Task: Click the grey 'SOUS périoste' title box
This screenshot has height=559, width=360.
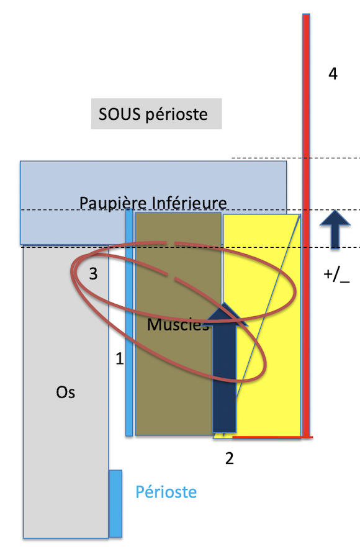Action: pos(156,114)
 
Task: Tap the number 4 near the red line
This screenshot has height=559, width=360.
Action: pos(333,73)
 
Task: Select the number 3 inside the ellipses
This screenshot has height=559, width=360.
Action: pos(93,273)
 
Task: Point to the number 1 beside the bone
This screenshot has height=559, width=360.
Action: pos(120,358)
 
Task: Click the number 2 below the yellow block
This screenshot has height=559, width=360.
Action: pos(230,458)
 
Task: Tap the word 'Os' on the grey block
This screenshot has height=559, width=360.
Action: pos(66,392)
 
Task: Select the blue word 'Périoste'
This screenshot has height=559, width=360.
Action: pos(166,492)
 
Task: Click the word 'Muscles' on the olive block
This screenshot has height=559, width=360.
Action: pos(178,324)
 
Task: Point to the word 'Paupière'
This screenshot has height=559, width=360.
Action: pos(113,203)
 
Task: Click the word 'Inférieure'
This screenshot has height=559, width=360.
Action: pos(189,203)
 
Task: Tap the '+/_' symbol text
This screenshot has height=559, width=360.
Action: pos(336,275)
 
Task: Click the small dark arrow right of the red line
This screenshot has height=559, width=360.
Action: pos(335,229)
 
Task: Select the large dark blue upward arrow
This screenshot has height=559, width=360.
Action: pos(224,367)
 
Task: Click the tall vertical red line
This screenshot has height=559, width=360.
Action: pos(306,225)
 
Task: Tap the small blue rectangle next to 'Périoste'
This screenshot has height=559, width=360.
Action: pos(115,503)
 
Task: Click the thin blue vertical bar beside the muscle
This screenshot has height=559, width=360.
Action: pos(129,322)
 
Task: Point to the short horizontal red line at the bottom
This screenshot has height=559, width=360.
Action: pos(272,437)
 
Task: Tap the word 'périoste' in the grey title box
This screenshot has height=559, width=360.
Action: pos(176,115)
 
